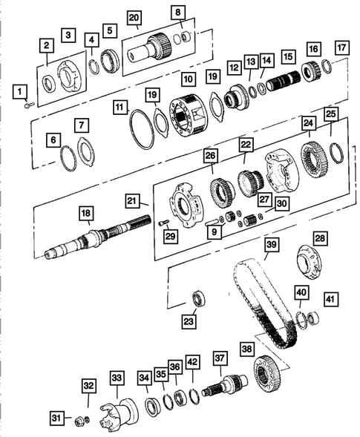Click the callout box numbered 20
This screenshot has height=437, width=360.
pyautogui.click(x=134, y=17)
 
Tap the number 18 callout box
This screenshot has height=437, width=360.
pyautogui.click(x=86, y=213)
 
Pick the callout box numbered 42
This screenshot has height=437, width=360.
pyautogui.click(x=193, y=362)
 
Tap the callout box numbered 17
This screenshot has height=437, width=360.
pyautogui.click(x=341, y=48)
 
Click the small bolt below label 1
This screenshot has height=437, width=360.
pyautogui.click(x=27, y=105)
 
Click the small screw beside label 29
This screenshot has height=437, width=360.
pyautogui.click(x=163, y=222)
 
